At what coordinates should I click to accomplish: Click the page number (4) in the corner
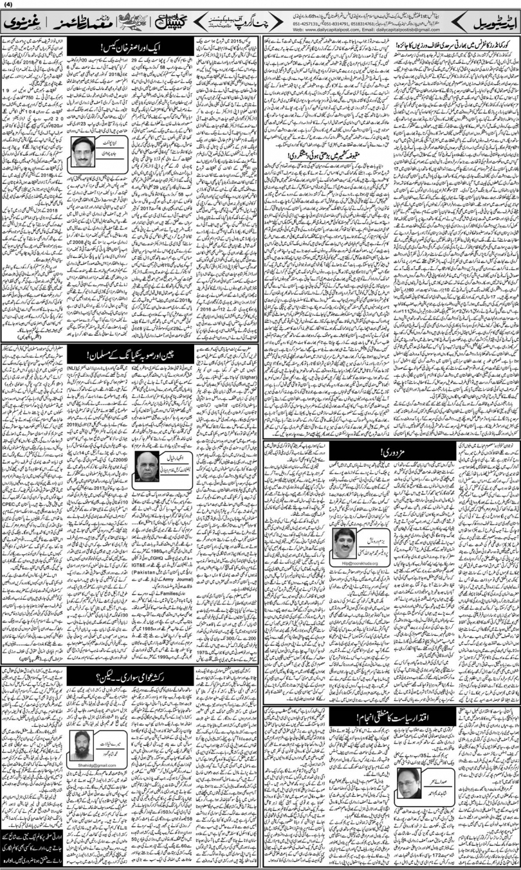[x=7, y=6]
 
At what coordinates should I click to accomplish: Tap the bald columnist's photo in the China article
[x=147, y=467]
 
